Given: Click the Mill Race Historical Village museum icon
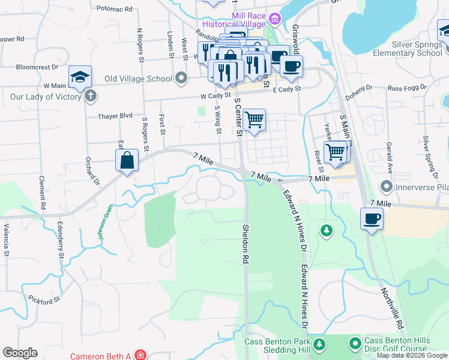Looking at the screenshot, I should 276,19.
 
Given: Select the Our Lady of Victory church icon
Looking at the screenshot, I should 90,96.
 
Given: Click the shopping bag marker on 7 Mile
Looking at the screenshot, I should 127,161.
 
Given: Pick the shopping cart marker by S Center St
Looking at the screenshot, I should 255,120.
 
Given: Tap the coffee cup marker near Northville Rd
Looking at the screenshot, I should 372,218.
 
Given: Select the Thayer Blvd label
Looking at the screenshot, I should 116,116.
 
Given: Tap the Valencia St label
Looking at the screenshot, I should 7,240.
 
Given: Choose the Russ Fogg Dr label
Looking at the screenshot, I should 407,88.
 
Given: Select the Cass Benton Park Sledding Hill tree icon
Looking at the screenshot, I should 320,344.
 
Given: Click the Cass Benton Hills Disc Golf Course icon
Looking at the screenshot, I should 355,344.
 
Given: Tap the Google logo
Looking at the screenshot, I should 20,353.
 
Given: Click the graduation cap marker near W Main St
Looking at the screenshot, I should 80,76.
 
